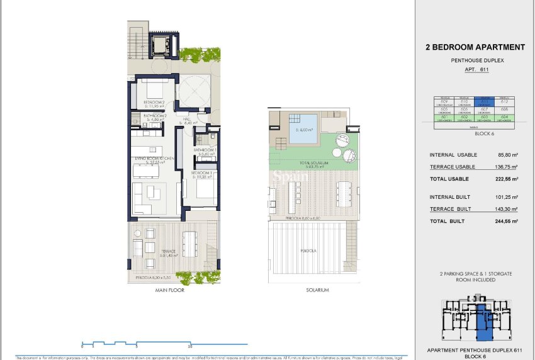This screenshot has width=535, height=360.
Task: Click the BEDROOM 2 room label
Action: [x=154, y=102]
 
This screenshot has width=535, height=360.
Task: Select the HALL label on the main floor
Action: [x=187, y=118]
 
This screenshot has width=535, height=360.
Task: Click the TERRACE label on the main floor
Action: [x=153, y=252]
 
